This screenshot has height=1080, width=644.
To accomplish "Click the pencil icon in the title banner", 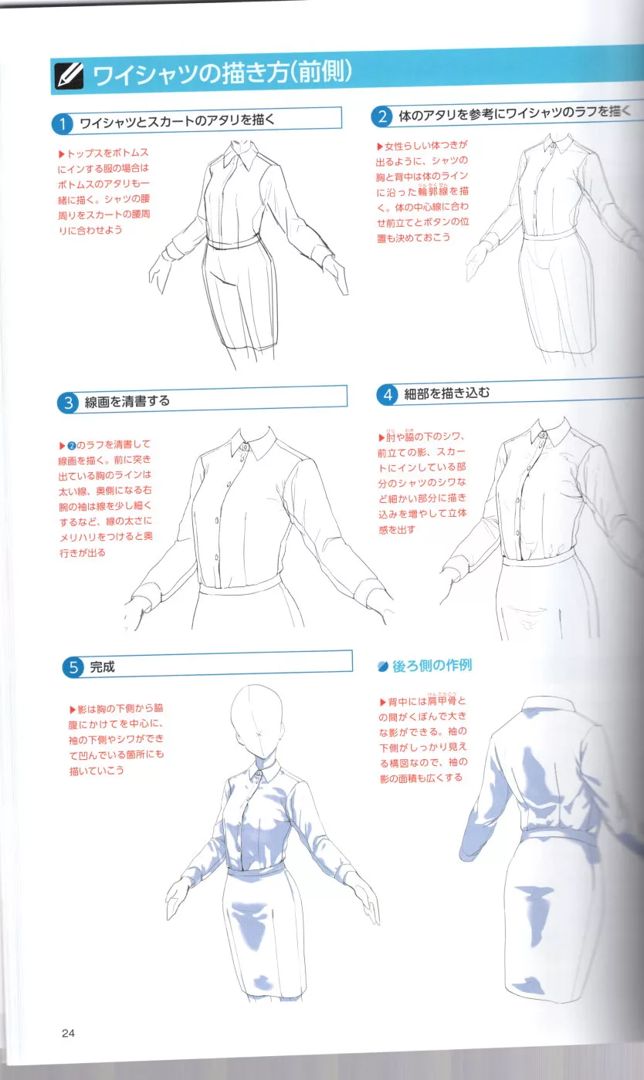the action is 69,76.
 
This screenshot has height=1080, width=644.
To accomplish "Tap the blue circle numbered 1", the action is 63,124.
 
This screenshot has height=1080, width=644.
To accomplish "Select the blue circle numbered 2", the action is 382,116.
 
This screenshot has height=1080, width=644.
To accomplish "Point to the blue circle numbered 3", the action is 68,403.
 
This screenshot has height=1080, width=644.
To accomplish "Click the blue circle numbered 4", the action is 387,395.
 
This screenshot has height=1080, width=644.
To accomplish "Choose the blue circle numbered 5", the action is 73,667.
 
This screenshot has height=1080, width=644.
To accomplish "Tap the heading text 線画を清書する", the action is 127,401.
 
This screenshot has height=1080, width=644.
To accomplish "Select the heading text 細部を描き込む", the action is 446,393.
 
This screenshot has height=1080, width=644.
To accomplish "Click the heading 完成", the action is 103,667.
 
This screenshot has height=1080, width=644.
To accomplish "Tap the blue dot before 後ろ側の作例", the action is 383,667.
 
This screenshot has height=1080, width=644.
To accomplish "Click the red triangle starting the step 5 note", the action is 73,709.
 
